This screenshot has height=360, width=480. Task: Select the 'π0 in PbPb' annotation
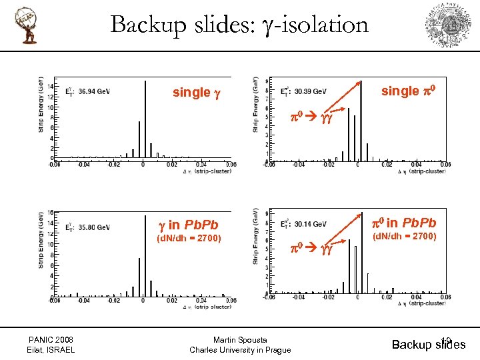405,223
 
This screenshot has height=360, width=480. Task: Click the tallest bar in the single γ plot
145,120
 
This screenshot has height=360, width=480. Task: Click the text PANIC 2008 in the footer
51,339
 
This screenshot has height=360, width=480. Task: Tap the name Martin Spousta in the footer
240,339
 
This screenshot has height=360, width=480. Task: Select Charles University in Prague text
240,350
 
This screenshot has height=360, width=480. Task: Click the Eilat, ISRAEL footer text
51,350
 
